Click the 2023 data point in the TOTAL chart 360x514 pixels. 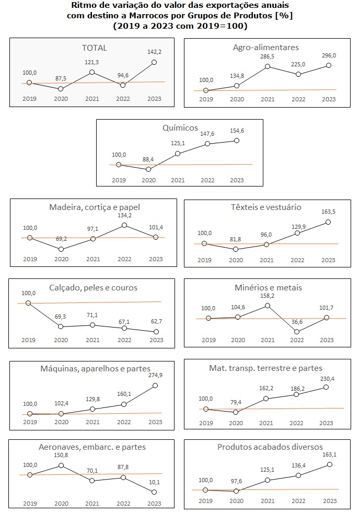click(x=155, y=62)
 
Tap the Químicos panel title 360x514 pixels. click(x=180, y=127)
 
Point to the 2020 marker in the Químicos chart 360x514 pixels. click(x=149, y=169)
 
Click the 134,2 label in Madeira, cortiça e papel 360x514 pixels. click(x=124, y=215)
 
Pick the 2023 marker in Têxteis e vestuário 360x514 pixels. click(x=328, y=221)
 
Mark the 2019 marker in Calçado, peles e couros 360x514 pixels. click(x=28, y=303)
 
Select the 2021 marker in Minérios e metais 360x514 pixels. click(x=268, y=306)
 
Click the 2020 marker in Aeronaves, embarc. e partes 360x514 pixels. click(x=61, y=465)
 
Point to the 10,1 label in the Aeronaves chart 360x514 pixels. click(x=155, y=482)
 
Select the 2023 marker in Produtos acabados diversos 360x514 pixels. click(x=329, y=464)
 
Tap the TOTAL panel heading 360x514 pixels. click(x=94, y=48)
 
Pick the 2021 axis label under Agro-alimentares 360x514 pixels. click(x=267, y=99)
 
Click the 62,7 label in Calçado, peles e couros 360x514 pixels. click(x=155, y=321)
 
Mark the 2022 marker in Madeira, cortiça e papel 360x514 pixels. click(x=124, y=225)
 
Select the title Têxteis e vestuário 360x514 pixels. click(x=266, y=207)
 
